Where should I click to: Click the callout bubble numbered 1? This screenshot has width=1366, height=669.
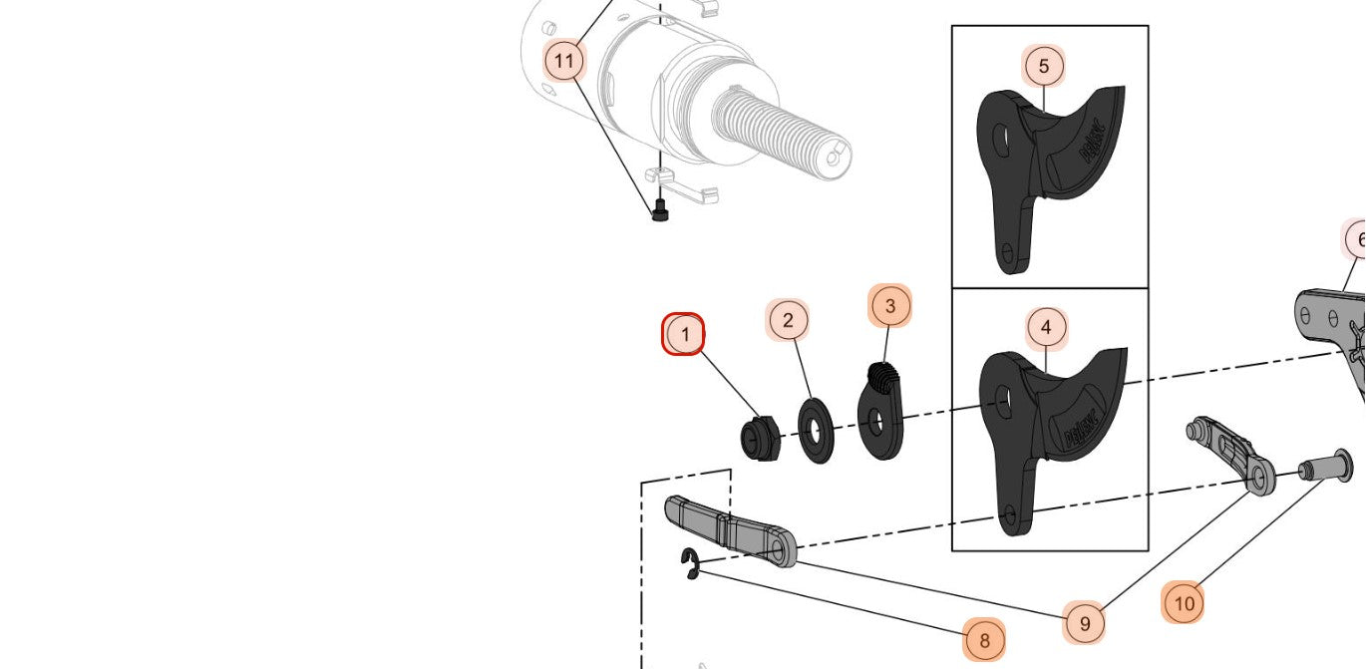[x=684, y=334]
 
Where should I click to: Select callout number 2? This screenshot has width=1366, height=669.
[x=788, y=320]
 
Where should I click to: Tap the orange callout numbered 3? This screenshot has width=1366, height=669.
[x=890, y=306]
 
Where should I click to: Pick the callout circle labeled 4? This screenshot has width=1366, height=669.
[x=1046, y=327]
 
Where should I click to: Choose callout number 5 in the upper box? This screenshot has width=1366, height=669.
[x=1044, y=67]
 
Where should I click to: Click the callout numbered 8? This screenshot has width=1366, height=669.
[x=984, y=640]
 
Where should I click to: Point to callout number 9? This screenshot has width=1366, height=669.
[x=1085, y=624]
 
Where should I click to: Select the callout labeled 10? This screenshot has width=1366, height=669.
[x=1184, y=603]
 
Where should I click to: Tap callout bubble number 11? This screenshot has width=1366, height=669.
[x=564, y=62]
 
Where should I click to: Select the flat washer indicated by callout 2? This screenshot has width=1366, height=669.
[x=817, y=431]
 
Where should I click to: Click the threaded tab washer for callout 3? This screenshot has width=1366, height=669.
[x=879, y=414]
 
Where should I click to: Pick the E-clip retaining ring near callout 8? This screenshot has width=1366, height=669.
[x=690, y=565]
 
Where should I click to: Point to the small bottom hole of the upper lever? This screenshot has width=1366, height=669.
[x=1007, y=251]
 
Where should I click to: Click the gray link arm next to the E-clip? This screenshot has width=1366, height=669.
[x=730, y=528]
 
